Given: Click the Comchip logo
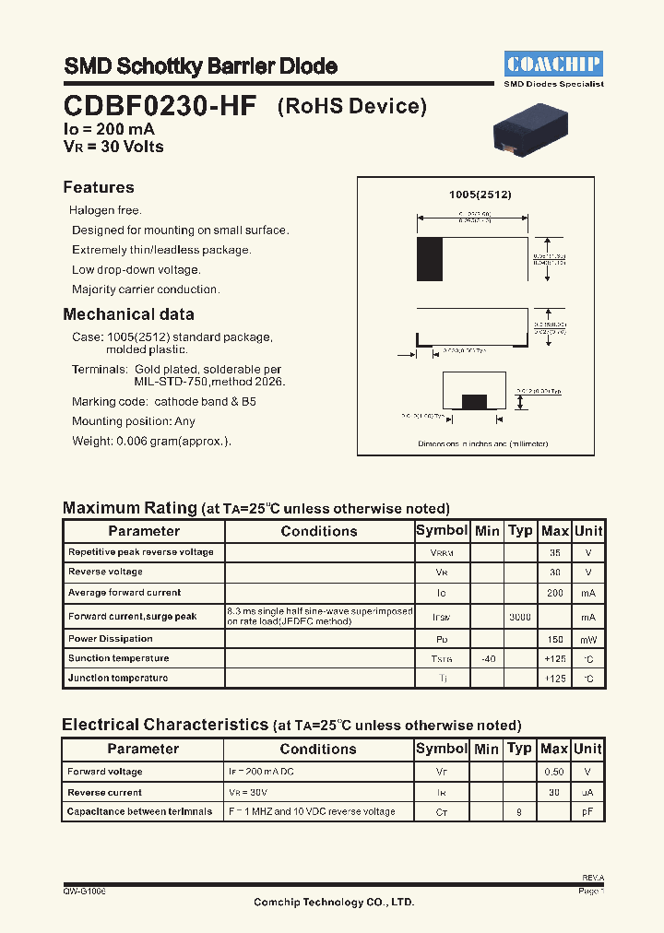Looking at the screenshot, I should click(x=553, y=63).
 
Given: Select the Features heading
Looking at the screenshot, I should click(x=99, y=187).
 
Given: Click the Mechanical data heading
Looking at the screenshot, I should click(x=128, y=314).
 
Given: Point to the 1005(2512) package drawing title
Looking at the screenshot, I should click(x=480, y=195).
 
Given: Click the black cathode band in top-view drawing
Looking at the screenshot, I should click(x=430, y=259).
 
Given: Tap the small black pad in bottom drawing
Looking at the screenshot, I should click(x=474, y=401).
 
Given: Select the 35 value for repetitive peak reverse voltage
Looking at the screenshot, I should click(x=554, y=552).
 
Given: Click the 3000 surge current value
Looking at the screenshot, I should click(x=520, y=617).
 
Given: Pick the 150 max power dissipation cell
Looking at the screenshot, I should click(x=554, y=639).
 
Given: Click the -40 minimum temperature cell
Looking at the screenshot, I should click(x=487, y=658).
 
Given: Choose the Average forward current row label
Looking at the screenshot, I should click(x=125, y=593).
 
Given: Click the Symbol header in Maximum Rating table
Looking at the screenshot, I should click(x=442, y=530).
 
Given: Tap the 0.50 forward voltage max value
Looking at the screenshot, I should click(x=554, y=772).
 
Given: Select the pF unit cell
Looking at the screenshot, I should click(x=587, y=812).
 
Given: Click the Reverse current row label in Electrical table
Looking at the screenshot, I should click(x=105, y=792).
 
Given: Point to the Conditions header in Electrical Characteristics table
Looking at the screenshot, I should click(x=318, y=750).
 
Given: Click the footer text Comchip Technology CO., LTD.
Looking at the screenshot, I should click(x=334, y=902).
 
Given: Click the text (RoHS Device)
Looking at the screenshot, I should click(x=352, y=106).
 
